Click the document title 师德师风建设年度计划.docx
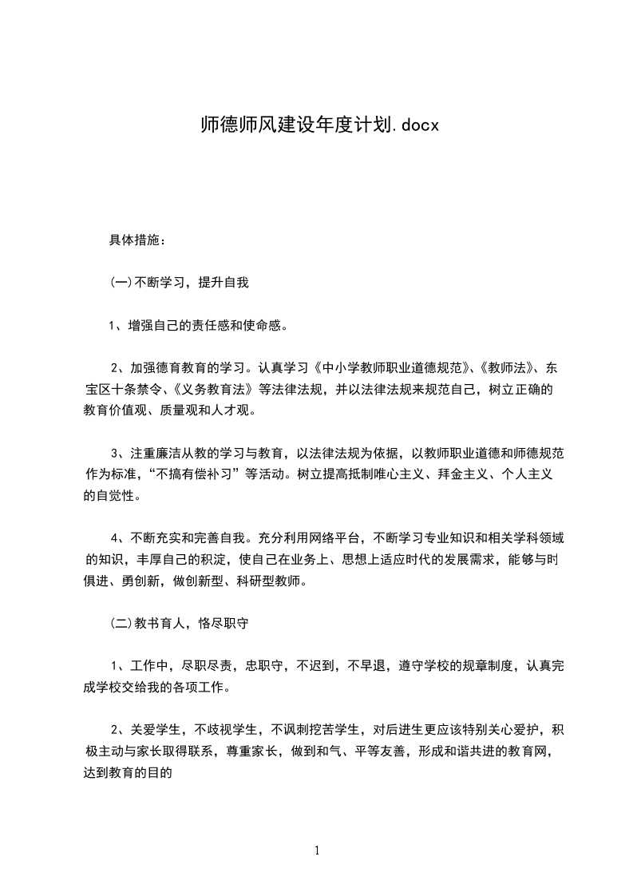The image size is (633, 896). (x=317, y=125)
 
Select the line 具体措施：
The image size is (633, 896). (x=136, y=240)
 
